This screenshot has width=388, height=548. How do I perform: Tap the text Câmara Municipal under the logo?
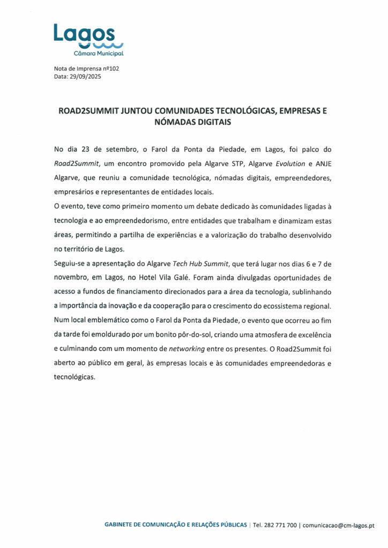99,54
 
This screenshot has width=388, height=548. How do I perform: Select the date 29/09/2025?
85,77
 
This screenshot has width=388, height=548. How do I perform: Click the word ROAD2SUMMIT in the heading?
88,112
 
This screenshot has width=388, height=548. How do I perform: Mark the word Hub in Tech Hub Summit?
194,264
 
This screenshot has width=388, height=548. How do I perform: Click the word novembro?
72,278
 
